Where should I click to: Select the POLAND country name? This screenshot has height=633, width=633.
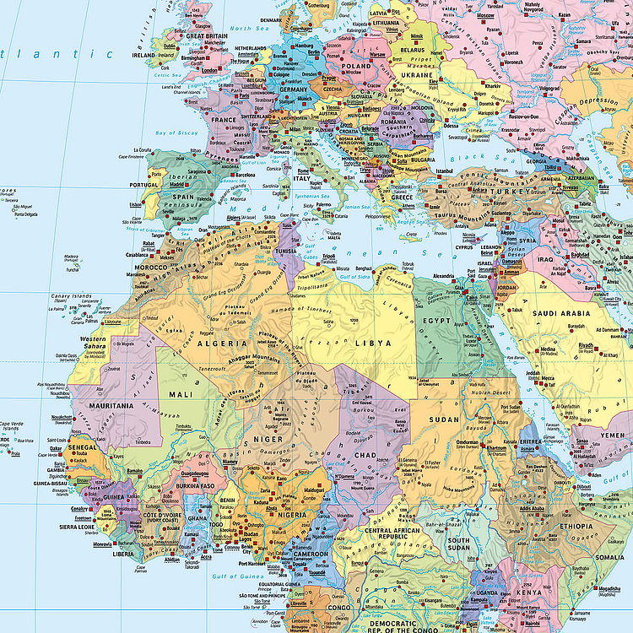tap(356, 65)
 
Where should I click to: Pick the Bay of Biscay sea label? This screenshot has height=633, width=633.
tap(176, 133)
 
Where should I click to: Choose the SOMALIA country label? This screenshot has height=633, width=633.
tap(609, 558)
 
